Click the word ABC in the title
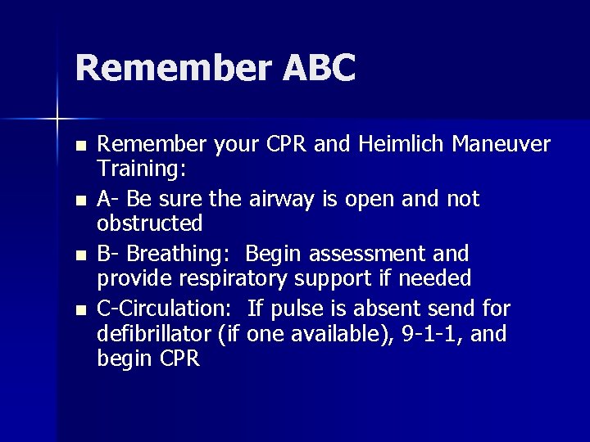(320, 68)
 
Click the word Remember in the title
(172, 68)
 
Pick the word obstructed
(150, 223)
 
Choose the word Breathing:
(185, 253)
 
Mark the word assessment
(371, 253)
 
